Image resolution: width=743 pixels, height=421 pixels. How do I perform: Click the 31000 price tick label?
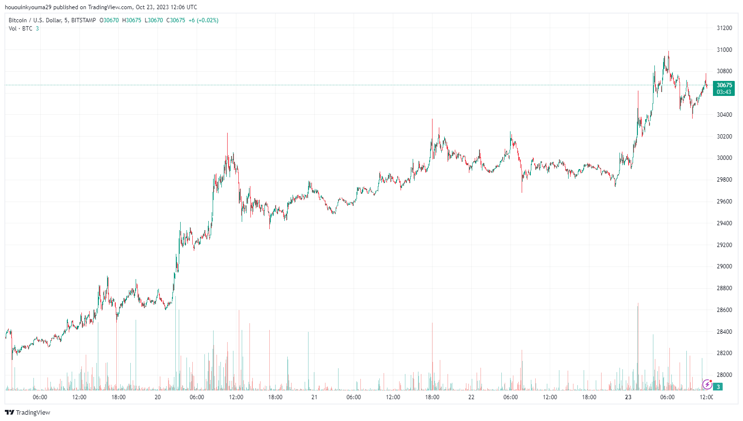tap(724, 50)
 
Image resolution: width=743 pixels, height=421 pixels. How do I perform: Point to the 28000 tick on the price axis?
tap(724, 375)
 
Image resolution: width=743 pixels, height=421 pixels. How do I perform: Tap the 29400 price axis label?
tap(724, 223)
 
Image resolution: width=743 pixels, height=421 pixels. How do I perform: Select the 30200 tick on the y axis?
tap(724, 137)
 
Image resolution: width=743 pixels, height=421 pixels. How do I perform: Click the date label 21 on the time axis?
tap(314, 397)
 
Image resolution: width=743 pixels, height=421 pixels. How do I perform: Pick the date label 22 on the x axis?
tap(471, 397)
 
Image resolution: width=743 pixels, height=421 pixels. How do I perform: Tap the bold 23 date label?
tap(628, 397)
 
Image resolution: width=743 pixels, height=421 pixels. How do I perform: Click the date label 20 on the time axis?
tap(157, 397)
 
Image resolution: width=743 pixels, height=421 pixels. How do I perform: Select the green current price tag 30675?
tap(724, 85)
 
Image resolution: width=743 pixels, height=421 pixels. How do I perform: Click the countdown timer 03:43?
tap(724, 92)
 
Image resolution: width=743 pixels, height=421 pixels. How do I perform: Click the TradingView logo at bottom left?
tap(28, 413)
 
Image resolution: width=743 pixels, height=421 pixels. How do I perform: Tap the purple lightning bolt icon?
tap(707, 385)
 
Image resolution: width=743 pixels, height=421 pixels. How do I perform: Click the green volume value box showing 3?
tap(719, 387)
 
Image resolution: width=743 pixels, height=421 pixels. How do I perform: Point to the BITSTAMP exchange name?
tap(83, 20)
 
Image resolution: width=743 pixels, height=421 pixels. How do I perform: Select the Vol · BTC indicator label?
tap(20, 29)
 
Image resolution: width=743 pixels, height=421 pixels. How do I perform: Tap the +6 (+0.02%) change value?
tap(203, 20)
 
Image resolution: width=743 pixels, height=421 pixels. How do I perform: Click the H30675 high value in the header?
tap(132, 20)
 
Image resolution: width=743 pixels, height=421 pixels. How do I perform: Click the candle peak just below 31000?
tap(668, 52)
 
